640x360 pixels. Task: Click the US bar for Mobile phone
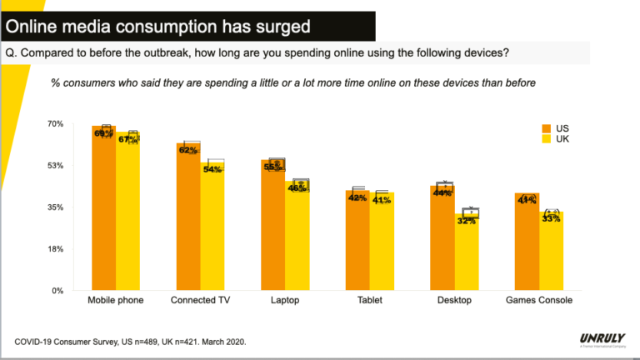click(103, 208)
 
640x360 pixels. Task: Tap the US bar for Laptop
click(272, 225)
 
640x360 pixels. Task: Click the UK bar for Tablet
click(382, 242)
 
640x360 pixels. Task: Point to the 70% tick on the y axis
click(55, 124)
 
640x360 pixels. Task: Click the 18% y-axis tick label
click(55, 249)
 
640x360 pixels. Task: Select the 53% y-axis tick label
click(55, 166)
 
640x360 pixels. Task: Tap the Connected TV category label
click(200, 300)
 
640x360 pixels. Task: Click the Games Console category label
click(539, 300)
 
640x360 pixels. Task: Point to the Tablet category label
click(369, 300)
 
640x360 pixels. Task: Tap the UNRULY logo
click(601, 339)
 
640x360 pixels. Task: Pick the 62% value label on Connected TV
click(187, 151)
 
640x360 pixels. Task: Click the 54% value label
click(212, 169)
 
